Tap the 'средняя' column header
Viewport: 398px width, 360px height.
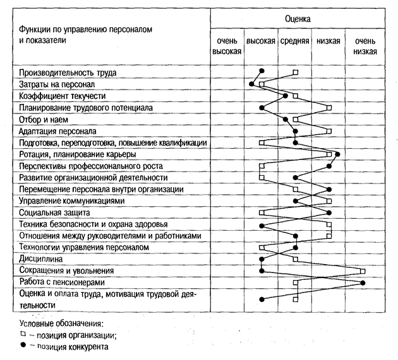tap(295, 40)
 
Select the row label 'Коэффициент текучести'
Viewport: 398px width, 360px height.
tap(62, 96)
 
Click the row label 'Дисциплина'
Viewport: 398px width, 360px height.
tap(41, 258)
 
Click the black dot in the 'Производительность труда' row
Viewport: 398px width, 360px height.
tap(262, 72)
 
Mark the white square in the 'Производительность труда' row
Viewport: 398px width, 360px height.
tap(296, 73)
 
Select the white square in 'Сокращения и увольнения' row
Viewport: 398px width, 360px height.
tap(363, 270)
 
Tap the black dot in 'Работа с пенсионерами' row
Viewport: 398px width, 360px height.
tap(363, 282)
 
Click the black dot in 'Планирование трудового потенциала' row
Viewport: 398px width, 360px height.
tap(261, 108)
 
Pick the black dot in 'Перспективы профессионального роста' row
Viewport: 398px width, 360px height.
tap(329, 166)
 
